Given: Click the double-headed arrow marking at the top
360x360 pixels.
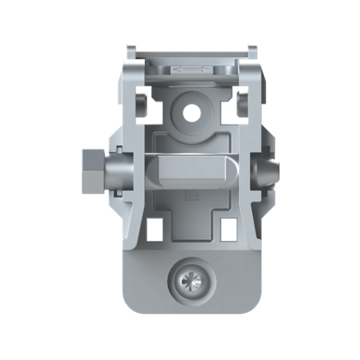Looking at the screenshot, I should pyautogui.click(x=191, y=69).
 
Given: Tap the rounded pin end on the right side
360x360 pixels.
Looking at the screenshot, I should pyautogui.click(x=268, y=172).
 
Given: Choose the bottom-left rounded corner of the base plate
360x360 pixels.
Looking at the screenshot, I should pyautogui.click(x=131, y=305).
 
